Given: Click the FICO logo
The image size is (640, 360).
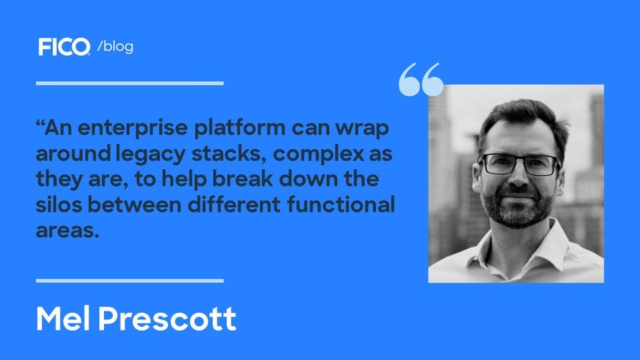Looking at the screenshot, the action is pyautogui.click(x=64, y=47).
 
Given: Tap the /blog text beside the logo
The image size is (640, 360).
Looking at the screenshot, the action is pyautogui.click(x=115, y=46).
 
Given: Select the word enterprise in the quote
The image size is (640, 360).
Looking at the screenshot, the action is pyautogui.click(x=133, y=129).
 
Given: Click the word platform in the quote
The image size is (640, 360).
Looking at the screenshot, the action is pyautogui.click(x=239, y=129).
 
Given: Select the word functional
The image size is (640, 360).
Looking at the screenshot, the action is pyautogui.click(x=341, y=204).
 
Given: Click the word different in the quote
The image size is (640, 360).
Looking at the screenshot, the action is pyautogui.click(x=234, y=204).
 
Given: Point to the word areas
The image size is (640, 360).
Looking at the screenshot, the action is pyautogui.click(x=67, y=231).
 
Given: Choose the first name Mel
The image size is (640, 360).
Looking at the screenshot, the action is pyautogui.click(x=63, y=319).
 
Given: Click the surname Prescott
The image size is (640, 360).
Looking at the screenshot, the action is pyautogui.click(x=167, y=319).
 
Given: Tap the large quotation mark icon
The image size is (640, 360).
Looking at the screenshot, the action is pyautogui.click(x=421, y=79).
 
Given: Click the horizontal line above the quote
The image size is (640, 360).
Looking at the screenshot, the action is pyautogui.click(x=130, y=83).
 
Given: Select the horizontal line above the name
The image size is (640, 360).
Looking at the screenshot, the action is pyautogui.click(x=130, y=281).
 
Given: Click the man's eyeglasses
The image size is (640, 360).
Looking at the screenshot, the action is pyautogui.click(x=519, y=165).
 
